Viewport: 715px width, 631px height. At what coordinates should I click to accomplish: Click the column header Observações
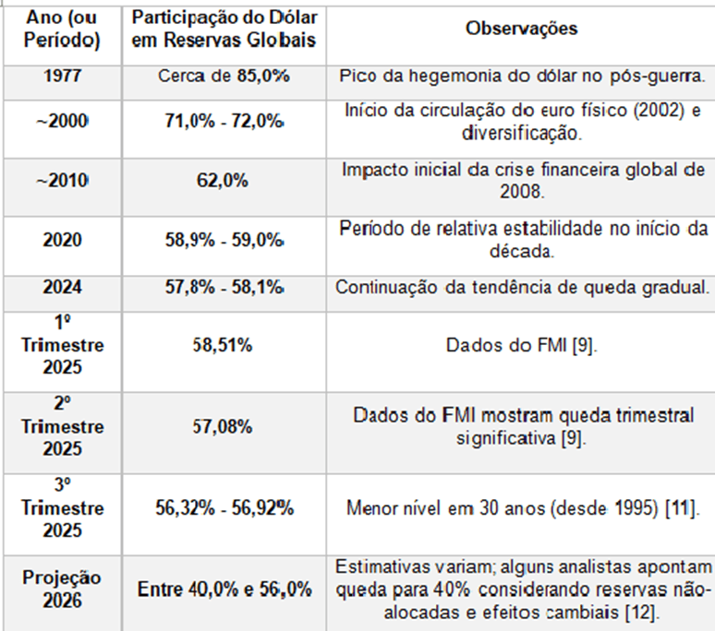tap(521, 29)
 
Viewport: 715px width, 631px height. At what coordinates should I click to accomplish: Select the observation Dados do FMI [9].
tap(521, 347)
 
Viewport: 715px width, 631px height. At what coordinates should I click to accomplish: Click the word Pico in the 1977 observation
tap(357, 76)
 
